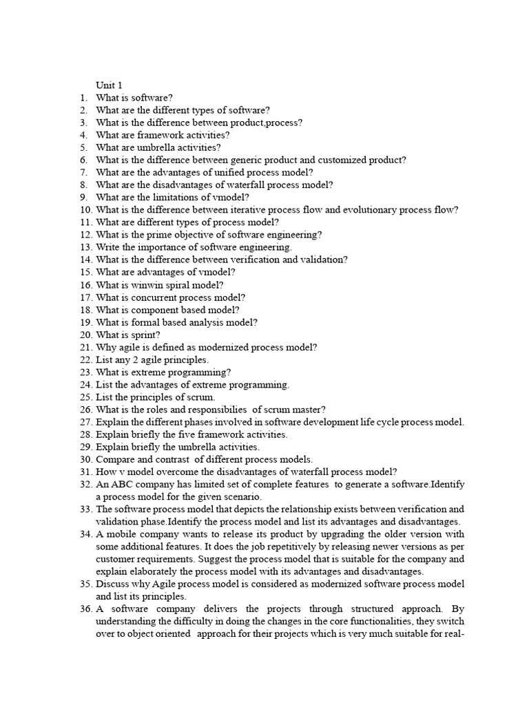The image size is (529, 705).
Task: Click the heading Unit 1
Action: [109, 85]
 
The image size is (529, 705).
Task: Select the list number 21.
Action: [85, 347]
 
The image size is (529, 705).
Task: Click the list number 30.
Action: [85, 459]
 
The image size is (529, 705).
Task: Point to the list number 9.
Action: [83, 197]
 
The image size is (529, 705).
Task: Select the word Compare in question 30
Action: [114, 459]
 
